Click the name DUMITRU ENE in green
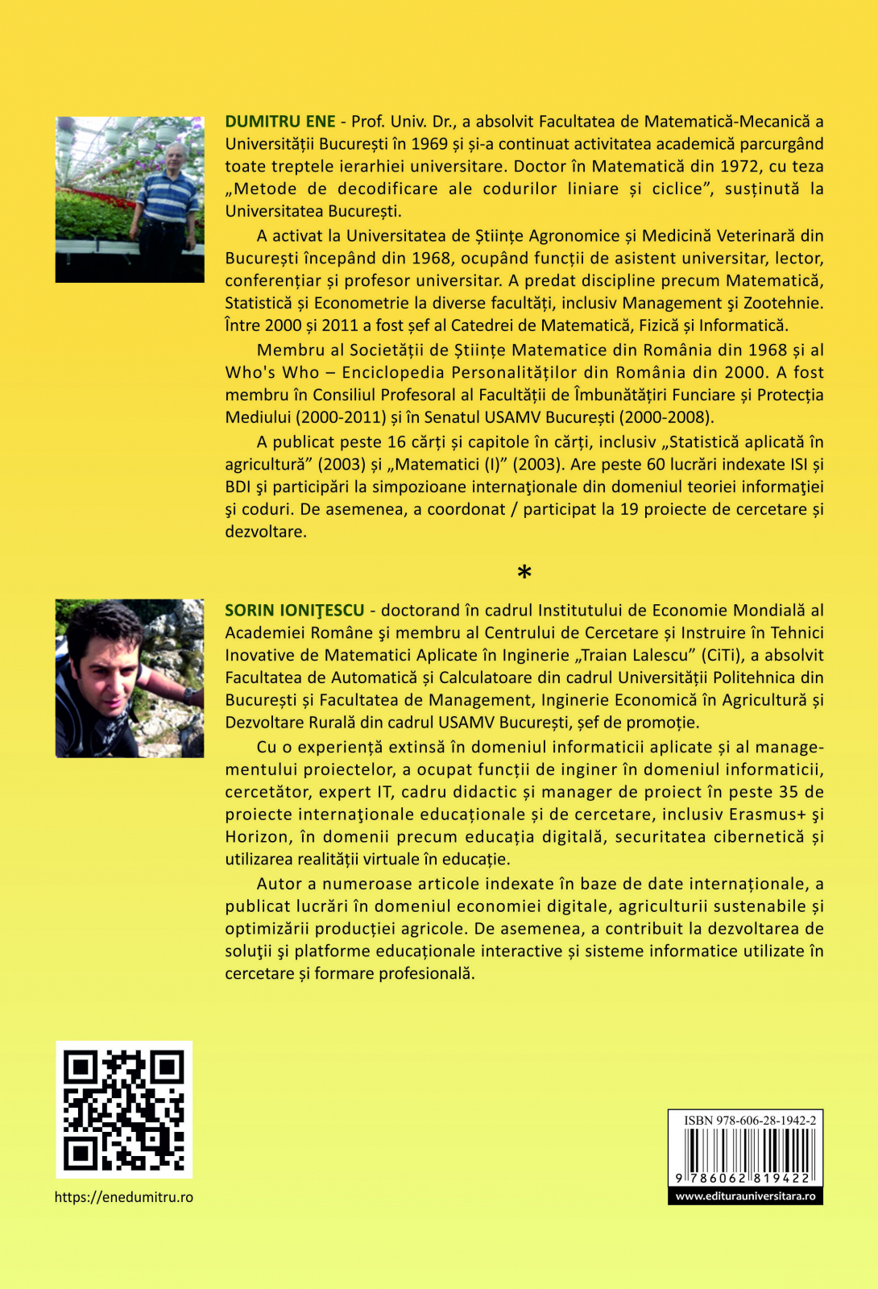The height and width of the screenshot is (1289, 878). pyautogui.click(x=280, y=122)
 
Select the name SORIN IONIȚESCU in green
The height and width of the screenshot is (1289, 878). pyautogui.click(x=294, y=611)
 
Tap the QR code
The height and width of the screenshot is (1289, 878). pyautogui.click(x=124, y=1109)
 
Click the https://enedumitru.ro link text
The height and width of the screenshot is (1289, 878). pyautogui.click(x=124, y=1197)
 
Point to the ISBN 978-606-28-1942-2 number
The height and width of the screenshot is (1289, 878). pyautogui.click(x=749, y=1120)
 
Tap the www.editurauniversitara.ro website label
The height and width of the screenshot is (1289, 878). pyautogui.click(x=745, y=1196)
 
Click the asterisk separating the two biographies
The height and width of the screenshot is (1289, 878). pyautogui.click(x=524, y=574)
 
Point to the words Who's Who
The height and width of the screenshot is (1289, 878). pyautogui.click(x=272, y=372)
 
